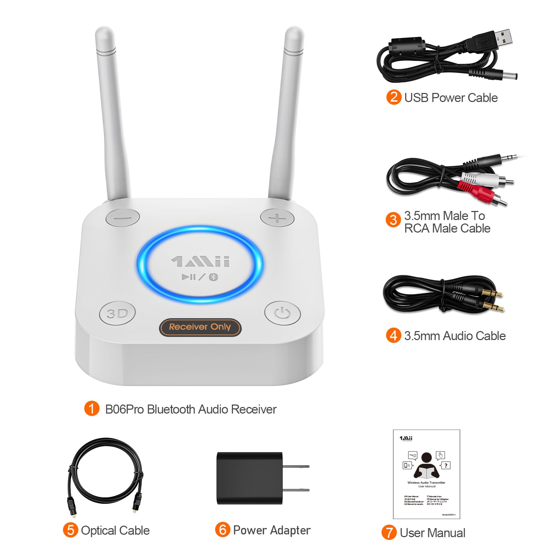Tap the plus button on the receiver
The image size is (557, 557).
pyautogui.click(x=277, y=218)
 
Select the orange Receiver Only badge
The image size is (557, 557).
pyautogui.click(x=200, y=327)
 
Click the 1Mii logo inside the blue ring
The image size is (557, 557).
pyautogui.click(x=201, y=261)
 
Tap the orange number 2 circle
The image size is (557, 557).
pyautogui.click(x=394, y=97)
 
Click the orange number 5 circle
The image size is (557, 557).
pyautogui.click(x=70, y=530)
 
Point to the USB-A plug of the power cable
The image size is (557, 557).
pyautogui.click(x=503, y=38)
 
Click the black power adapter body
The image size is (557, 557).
pyautogui.click(x=249, y=478)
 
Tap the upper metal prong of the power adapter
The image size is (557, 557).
pyautogui.click(x=296, y=466)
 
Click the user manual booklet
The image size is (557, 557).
pyautogui.click(x=426, y=474)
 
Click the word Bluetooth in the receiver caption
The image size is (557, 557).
pyautogui.click(x=176, y=409)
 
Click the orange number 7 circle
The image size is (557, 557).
pyautogui.click(x=389, y=533)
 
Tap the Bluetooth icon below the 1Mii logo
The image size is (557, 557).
pyautogui.click(x=213, y=277)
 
